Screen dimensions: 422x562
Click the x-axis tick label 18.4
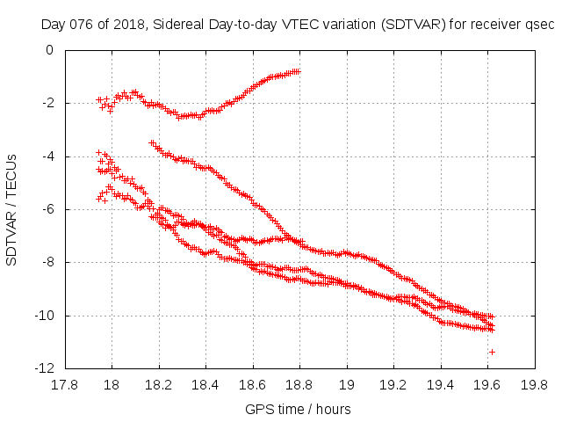(205, 384)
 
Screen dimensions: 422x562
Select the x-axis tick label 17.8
(64, 384)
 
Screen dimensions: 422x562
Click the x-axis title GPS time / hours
(299, 409)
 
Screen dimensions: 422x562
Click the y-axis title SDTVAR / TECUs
(12, 209)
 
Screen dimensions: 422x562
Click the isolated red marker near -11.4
(492, 352)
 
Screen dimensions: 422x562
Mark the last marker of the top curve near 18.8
(299, 71)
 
